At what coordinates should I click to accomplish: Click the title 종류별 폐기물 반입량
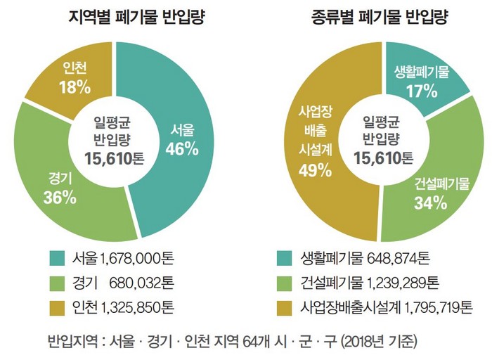click(372, 17)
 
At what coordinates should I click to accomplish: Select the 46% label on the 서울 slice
click(181, 148)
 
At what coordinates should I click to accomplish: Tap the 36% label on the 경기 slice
click(59, 197)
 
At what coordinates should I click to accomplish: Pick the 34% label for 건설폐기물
click(430, 203)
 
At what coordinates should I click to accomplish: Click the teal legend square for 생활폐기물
click(285, 258)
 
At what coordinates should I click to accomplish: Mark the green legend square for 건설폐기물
click(285, 283)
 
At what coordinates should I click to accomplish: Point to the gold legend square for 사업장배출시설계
click(285, 307)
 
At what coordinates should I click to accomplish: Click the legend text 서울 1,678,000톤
click(122, 258)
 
